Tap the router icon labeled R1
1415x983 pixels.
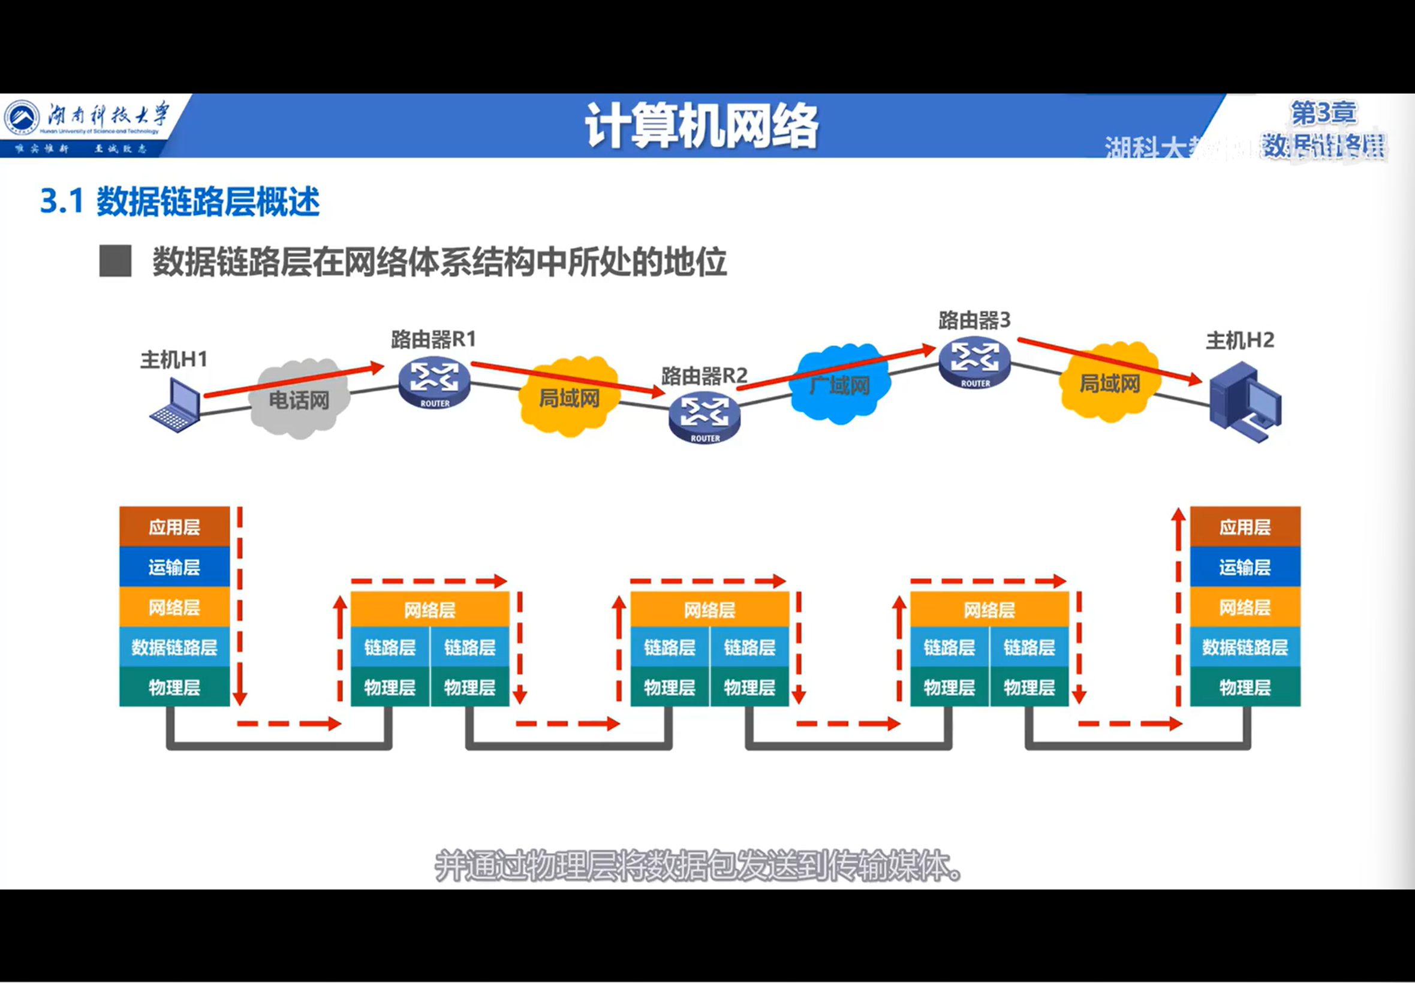click(434, 383)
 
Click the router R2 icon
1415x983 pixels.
click(705, 418)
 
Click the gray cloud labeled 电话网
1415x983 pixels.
click(299, 399)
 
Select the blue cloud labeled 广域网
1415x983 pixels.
click(839, 384)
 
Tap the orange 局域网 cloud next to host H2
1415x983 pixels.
click(1109, 382)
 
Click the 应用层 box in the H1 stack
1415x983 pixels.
click(174, 527)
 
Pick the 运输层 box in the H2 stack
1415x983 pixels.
click(1245, 566)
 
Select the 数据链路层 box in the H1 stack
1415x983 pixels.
click(174, 647)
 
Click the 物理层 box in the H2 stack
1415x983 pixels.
click(1245, 687)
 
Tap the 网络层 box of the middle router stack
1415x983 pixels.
click(710, 610)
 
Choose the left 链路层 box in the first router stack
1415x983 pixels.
click(390, 647)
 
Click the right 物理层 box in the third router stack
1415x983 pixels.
click(1029, 687)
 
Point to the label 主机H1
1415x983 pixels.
click(174, 359)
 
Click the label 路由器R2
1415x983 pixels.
click(704, 375)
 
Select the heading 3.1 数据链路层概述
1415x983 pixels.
click(180, 201)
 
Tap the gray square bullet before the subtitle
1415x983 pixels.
click(115, 261)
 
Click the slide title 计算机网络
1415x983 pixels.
click(702, 126)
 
